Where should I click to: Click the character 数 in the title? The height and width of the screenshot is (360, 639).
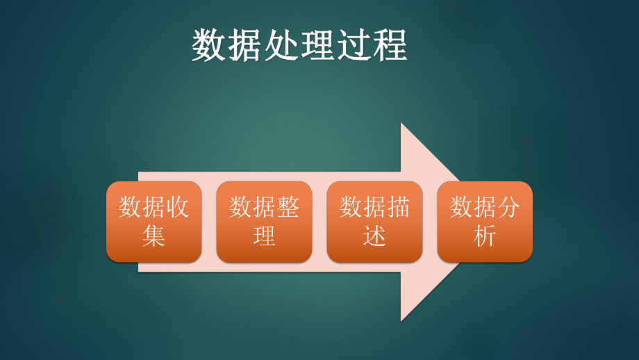[210, 46]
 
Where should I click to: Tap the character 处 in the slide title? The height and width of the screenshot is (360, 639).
[282, 46]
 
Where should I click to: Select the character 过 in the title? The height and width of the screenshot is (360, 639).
[354, 46]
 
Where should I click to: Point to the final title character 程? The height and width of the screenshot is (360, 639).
[390, 46]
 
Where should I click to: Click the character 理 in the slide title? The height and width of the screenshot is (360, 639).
[318, 46]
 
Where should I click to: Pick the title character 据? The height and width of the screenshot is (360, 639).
[246, 46]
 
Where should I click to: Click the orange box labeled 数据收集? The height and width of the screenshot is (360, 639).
[153, 222]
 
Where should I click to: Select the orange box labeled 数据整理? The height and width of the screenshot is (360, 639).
[264, 222]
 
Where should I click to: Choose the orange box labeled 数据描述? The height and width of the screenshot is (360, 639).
[374, 222]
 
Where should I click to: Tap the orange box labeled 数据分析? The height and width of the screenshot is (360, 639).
[485, 222]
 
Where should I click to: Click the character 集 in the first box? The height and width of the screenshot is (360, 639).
[153, 236]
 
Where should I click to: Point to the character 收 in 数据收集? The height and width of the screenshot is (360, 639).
[177, 207]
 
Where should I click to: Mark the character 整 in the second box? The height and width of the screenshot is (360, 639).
[288, 207]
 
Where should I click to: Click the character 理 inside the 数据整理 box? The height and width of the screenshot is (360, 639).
[264, 236]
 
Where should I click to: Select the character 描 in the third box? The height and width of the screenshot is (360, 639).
[398, 207]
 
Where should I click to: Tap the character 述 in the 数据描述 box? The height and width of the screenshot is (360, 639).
[374, 236]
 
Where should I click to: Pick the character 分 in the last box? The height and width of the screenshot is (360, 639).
[508, 207]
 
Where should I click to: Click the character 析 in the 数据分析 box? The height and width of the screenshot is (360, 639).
[485, 236]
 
